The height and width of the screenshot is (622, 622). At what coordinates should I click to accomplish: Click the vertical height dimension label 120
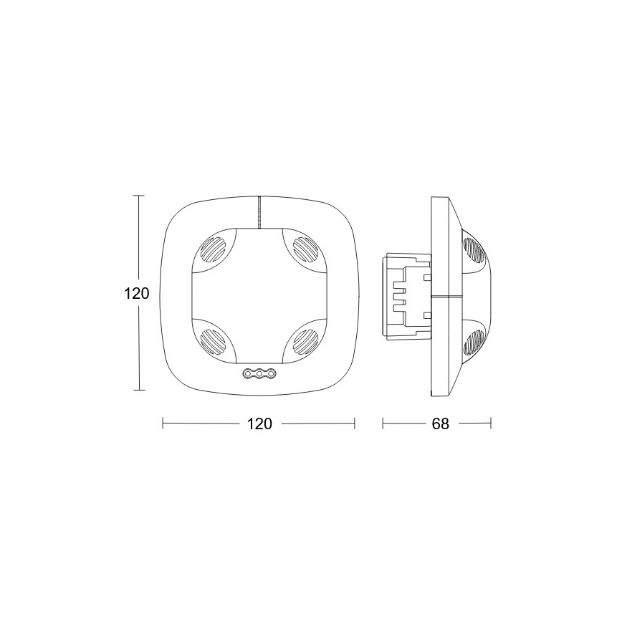135,294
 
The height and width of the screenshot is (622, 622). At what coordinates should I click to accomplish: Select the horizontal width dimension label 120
259,424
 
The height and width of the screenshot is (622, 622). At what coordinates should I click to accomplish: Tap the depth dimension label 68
440,424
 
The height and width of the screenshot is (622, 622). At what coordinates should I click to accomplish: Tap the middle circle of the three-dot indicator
259,373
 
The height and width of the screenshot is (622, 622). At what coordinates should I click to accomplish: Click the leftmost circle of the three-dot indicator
249,373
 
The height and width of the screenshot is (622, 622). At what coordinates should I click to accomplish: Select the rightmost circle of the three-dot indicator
270,373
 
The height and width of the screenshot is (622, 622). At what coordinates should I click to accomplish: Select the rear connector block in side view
407,295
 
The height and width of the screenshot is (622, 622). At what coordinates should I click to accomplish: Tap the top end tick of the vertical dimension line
139,196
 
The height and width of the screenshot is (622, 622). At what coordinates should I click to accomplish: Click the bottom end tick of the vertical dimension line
139,391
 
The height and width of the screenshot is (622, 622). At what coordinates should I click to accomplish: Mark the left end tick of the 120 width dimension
163,424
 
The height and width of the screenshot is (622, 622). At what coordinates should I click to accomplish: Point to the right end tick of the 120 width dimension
355,424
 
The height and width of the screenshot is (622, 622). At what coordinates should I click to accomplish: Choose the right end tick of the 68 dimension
491,424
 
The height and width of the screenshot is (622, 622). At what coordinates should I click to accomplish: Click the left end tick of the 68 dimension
383,424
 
